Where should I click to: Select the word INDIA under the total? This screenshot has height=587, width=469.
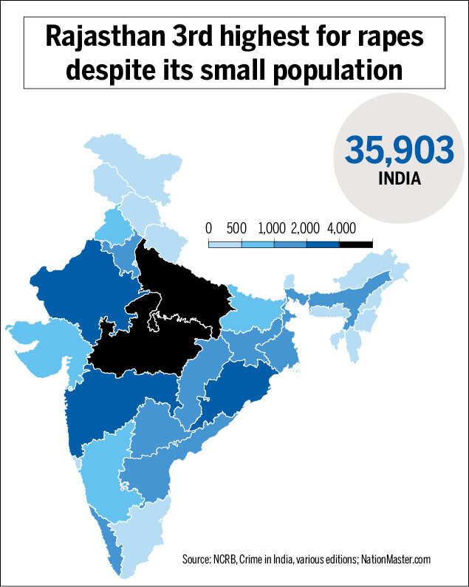399,179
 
